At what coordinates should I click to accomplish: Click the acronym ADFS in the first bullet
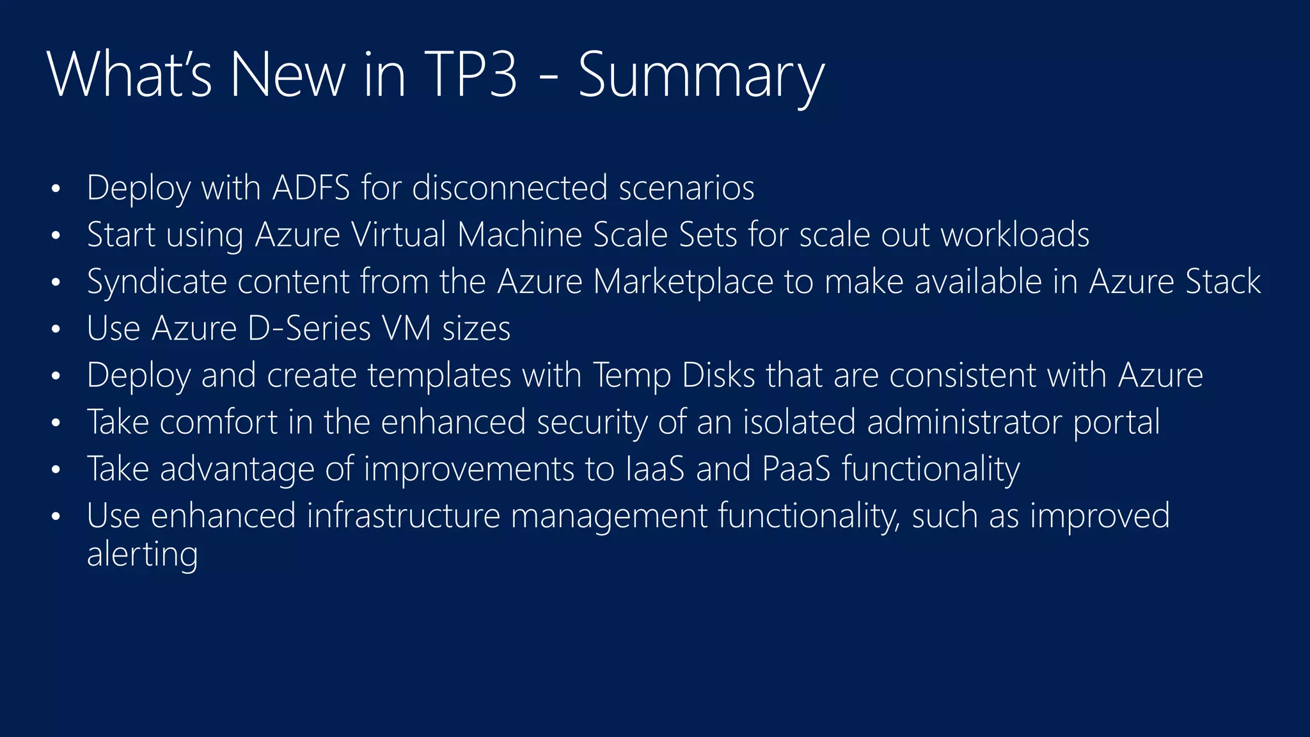pos(311,188)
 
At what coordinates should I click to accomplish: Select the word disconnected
pos(510,188)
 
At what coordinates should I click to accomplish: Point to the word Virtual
pos(399,235)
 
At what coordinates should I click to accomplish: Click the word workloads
pos(1015,235)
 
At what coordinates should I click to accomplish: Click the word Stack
pos(1223,281)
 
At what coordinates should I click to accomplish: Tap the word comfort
pos(218,422)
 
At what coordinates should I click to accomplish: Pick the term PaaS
pos(796,469)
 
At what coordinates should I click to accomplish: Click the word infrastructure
pos(403,516)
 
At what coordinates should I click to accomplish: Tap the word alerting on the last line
pos(142,554)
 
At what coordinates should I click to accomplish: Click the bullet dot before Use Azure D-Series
pos(56,329)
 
